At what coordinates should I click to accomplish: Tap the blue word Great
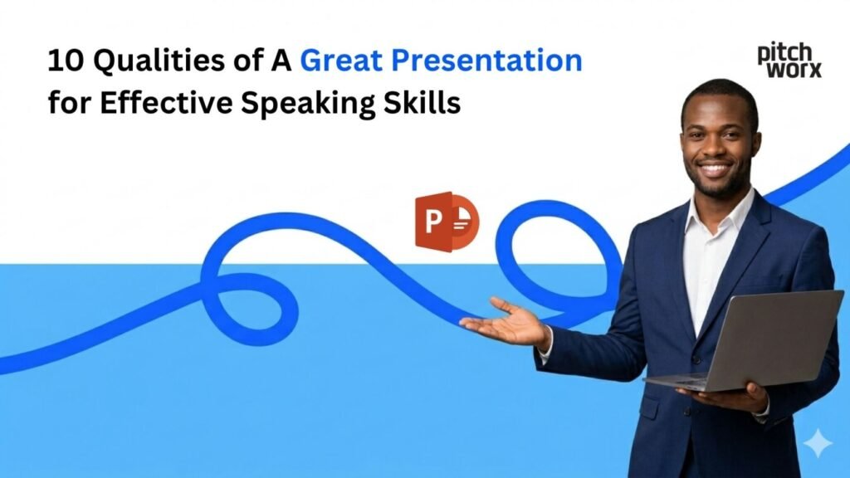tap(343, 61)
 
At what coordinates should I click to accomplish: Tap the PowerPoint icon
tap(447, 221)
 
